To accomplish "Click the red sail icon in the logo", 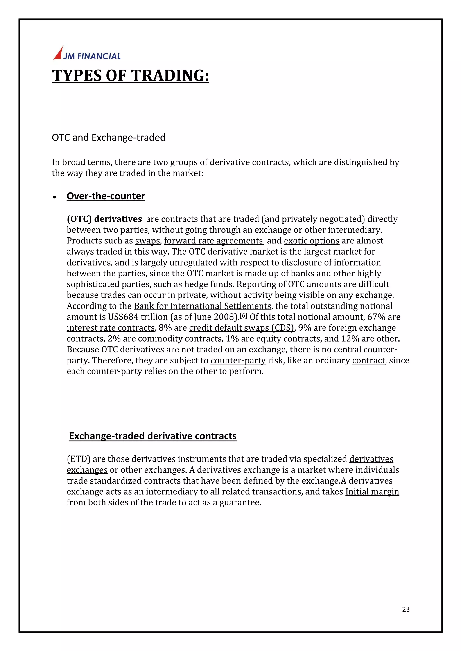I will (59, 54).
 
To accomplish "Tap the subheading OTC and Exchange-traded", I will (108, 137).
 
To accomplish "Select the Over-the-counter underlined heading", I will (106, 196).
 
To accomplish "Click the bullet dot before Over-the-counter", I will (55, 197).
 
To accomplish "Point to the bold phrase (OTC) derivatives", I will (104, 219).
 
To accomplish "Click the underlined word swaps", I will (147, 241).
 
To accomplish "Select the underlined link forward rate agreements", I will (213, 241).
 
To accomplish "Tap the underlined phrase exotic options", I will (311, 241).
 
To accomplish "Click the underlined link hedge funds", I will (208, 284).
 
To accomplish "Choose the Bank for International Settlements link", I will (202, 306).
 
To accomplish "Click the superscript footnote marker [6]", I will (244, 315).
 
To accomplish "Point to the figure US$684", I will (123, 317).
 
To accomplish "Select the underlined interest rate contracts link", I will (111, 328).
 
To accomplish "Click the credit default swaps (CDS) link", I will (241, 328).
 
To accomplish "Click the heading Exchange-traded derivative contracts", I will (153, 436).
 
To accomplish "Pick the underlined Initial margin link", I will (372, 491).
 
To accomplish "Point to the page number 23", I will (406, 609).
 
